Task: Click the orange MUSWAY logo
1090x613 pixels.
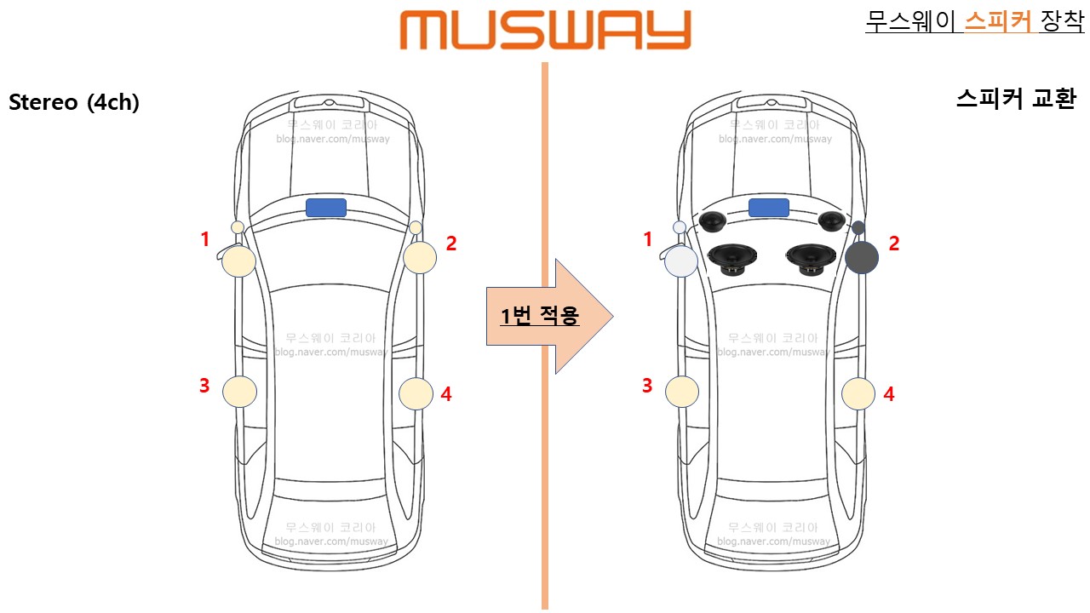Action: [x=545, y=30]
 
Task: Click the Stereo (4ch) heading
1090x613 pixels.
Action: [x=74, y=102]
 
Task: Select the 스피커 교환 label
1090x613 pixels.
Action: [x=1016, y=100]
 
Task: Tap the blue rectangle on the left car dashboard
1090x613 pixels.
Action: [x=326, y=207]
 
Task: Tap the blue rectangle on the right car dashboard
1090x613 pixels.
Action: [x=769, y=207]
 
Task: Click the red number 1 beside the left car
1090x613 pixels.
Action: [x=204, y=240]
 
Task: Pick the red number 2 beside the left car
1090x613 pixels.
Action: [x=451, y=243]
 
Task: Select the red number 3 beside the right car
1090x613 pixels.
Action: [x=647, y=386]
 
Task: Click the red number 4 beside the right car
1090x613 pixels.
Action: [x=889, y=394]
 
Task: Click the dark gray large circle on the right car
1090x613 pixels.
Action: [x=862, y=257]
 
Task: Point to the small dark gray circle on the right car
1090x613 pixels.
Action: [x=858, y=228]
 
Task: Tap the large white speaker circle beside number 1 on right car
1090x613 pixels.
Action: [x=681, y=261]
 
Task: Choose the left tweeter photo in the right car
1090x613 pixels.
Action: [x=712, y=222]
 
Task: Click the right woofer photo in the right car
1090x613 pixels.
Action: [x=812, y=258]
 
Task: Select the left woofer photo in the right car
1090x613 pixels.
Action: [x=733, y=258]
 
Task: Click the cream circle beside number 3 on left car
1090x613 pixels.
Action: [x=239, y=392]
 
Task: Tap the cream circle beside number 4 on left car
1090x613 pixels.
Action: [x=416, y=393]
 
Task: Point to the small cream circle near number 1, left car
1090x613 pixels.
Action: [x=238, y=227]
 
